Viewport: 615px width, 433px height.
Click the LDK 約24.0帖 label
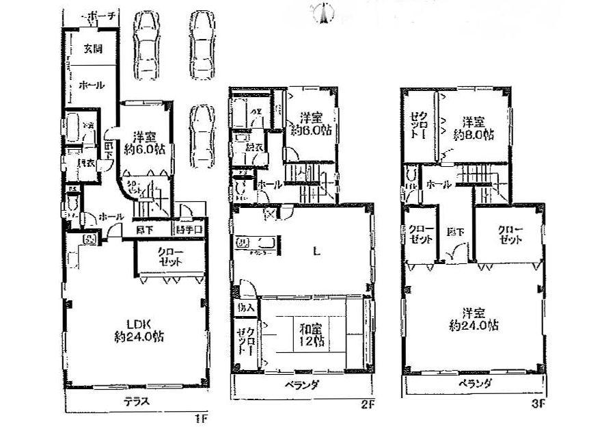click(138, 330)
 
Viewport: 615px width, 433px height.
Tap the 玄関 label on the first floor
click(93, 49)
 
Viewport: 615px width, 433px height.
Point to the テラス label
click(137, 402)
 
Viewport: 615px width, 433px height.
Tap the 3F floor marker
click(538, 404)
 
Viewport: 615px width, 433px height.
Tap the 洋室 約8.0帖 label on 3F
click(474, 129)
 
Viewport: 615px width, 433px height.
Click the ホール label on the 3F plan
click(437, 185)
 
